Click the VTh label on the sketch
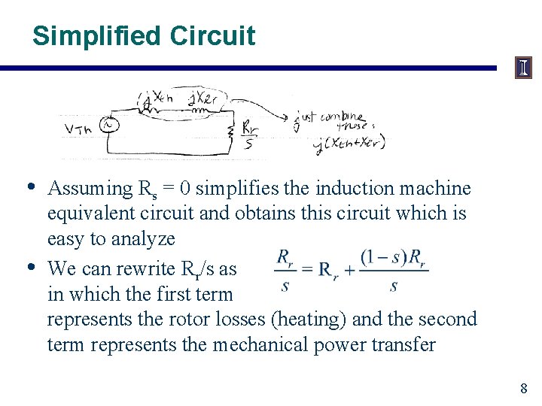coord(78,129)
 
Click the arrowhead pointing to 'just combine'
coord(287,117)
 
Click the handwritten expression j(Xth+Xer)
coord(351,142)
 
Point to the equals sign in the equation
coord(305,268)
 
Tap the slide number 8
coord(523,389)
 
